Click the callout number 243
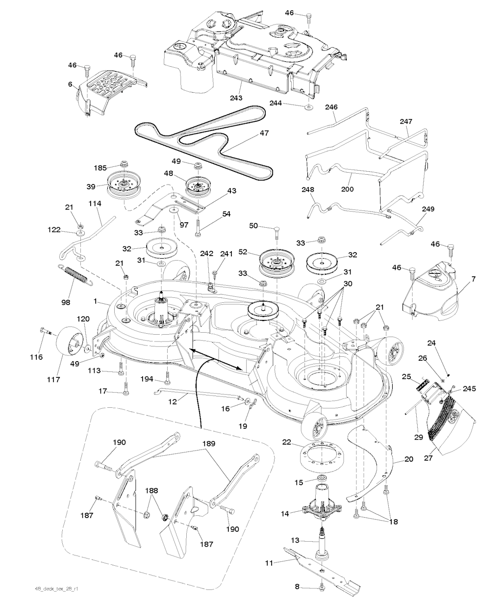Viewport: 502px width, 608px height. [x=236, y=98]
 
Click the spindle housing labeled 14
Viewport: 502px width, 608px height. [x=321, y=508]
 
